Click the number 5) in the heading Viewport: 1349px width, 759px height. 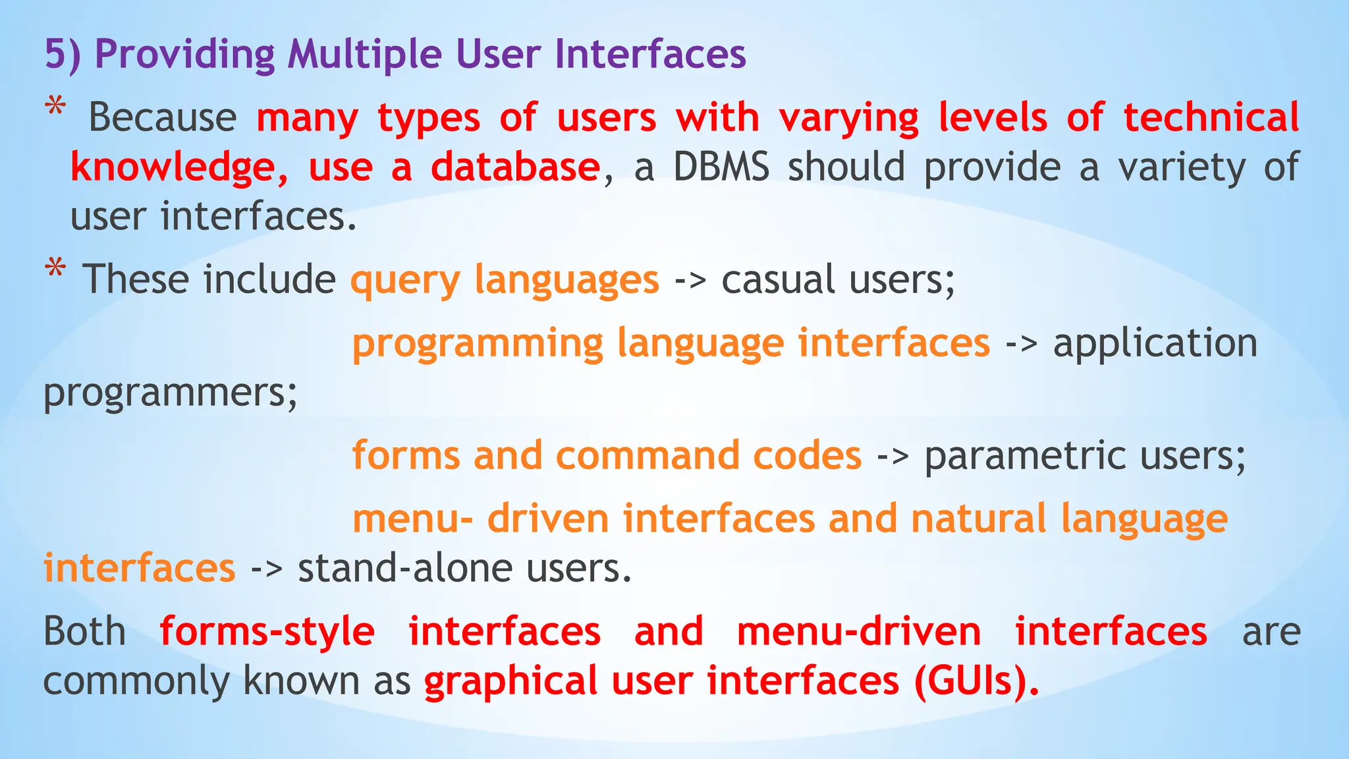coord(63,54)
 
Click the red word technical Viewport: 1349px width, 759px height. coord(1211,118)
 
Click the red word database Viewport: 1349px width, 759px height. coord(515,167)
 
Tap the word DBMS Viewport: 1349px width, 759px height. coord(721,167)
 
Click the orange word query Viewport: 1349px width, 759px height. coord(404,281)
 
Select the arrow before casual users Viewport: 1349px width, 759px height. coord(690,281)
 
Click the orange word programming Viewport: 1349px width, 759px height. coord(478,344)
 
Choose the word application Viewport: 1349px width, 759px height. coord(1155,344)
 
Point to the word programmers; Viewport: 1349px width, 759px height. coord(171,393)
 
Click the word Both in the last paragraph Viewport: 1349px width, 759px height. coord(84,631)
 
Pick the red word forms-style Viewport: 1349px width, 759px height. coord(267,631)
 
